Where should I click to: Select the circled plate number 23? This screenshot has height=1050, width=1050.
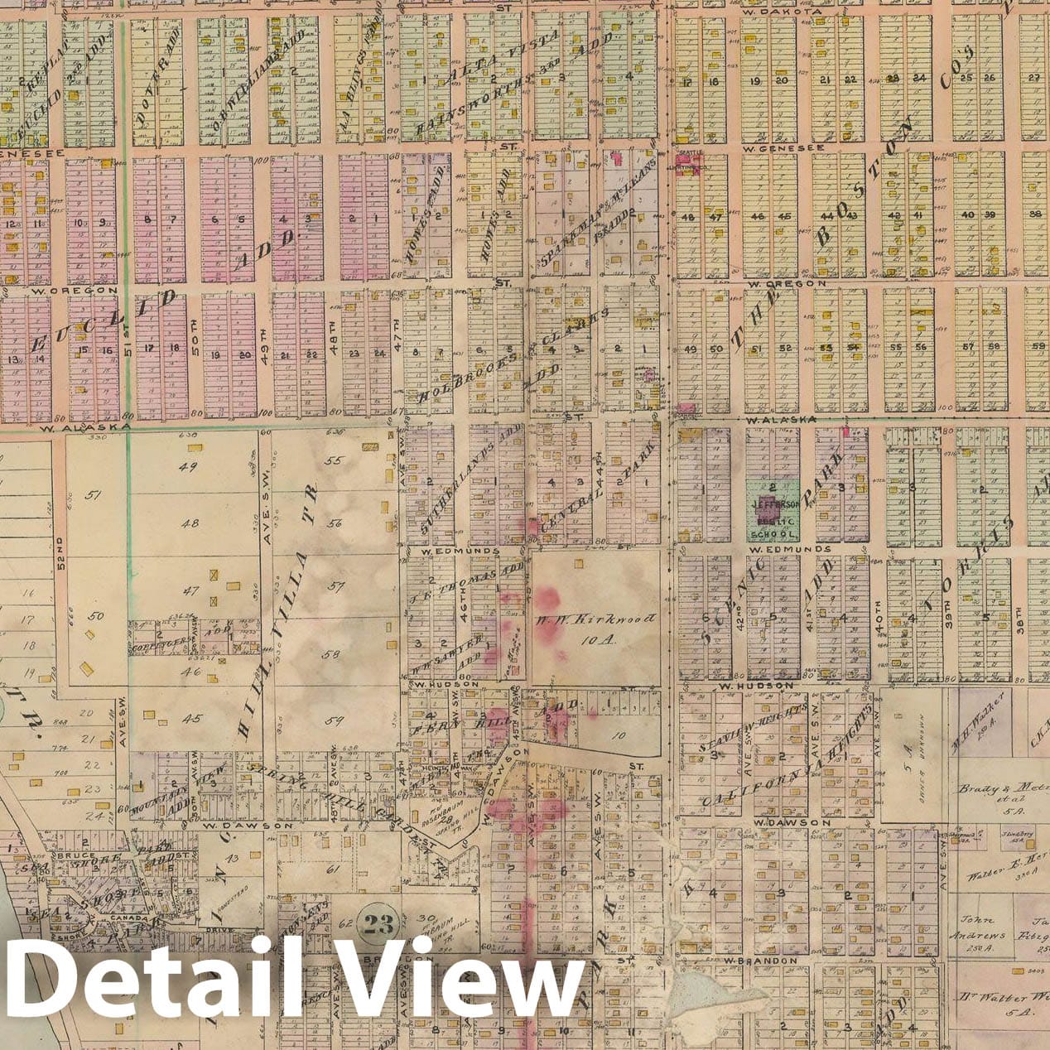click(x=376, y=925)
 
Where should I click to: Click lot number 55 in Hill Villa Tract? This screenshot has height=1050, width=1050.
click(x=334, y=460)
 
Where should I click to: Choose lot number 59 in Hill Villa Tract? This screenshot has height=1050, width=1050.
click(x=334, y=720)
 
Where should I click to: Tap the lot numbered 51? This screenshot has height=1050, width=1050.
click(x=93, y=496)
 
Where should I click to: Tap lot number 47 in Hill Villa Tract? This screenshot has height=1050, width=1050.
click(x=190, y=591)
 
